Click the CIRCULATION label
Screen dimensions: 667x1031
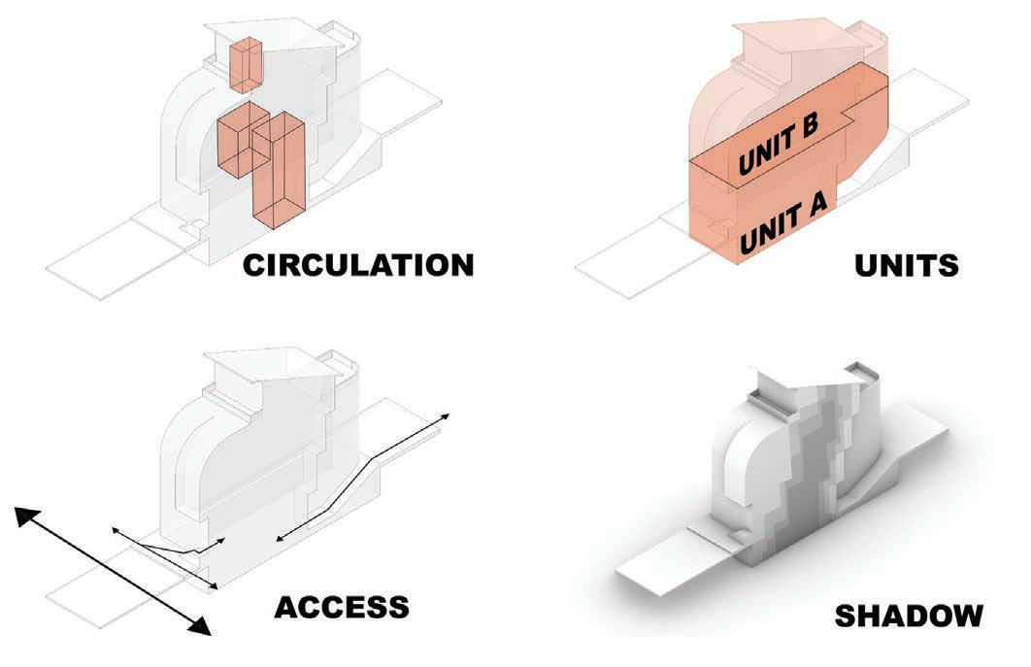coord(358,264)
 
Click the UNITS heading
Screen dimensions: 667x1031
coord(908,264)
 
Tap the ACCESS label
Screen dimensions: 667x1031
coord(341,607)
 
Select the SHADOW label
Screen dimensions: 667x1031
coord(909,616)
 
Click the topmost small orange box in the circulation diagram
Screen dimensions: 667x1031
coord(246,61)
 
